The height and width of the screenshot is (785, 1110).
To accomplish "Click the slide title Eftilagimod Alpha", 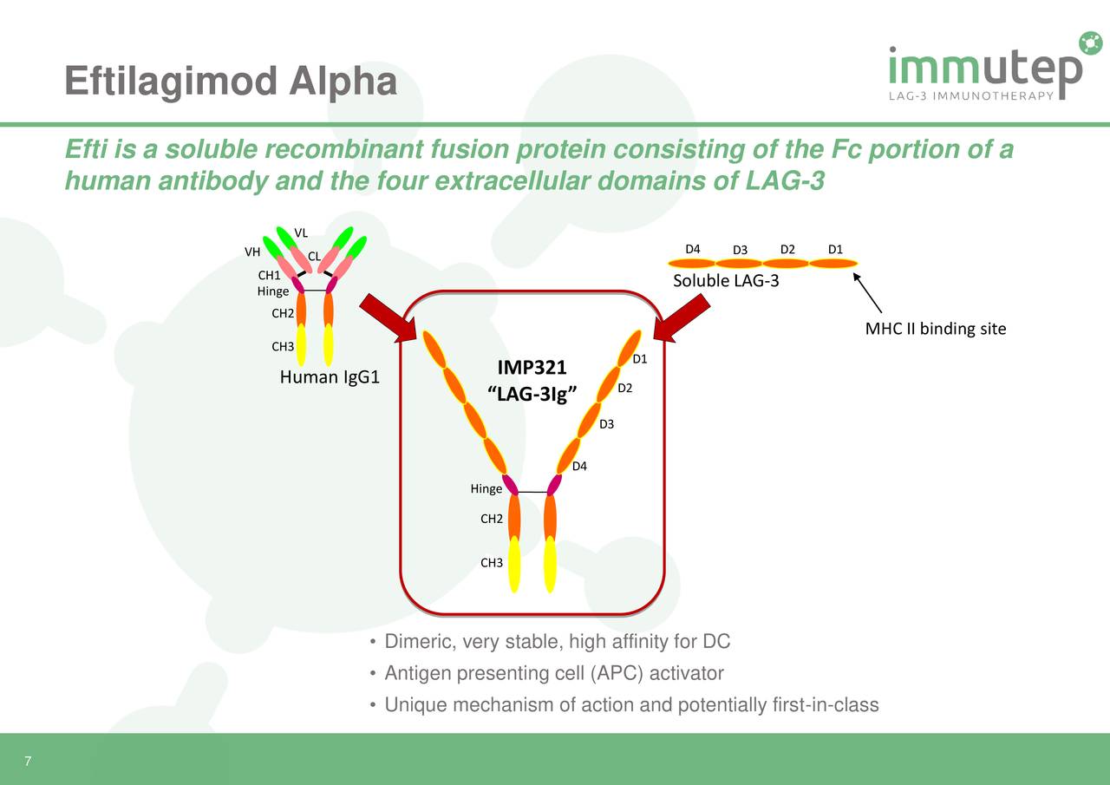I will coord(231,82).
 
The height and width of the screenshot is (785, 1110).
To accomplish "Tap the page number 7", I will coord(28,762).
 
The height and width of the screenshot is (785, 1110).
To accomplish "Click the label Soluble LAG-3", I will coord(726,281).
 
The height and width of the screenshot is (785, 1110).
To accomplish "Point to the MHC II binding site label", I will coord(935,329).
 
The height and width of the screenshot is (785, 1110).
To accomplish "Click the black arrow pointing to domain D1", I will coord(867,293).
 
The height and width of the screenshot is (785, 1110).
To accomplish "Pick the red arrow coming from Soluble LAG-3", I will coord(682,317).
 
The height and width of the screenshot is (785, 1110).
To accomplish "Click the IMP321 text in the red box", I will coord(532,368).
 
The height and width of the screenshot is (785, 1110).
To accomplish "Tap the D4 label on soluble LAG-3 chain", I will coord(692,250).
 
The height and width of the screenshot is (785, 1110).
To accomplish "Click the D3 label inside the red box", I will coord(606,424).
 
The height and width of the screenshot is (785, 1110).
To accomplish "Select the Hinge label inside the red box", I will coord(486,489).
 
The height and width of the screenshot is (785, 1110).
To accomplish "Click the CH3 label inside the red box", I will coord(492,563).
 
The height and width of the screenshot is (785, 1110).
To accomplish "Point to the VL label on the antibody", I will coord(301,232).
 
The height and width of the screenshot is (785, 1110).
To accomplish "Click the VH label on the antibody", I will coord(252,252).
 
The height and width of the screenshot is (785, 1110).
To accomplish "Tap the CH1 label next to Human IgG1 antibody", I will coord(269,276).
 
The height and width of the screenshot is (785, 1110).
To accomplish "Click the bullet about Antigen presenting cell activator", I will coord(553,674).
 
